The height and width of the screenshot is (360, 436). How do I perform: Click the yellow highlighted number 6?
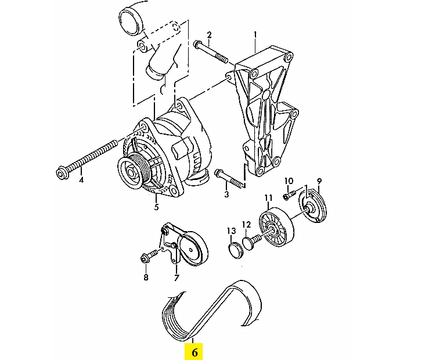194,352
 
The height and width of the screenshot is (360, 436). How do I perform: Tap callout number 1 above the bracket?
255,35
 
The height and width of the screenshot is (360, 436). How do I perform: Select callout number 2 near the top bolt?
209,35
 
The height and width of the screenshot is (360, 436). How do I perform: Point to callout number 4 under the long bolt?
81,180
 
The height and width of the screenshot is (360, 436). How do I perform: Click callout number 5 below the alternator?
156,207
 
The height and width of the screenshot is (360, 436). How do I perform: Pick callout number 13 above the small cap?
231,231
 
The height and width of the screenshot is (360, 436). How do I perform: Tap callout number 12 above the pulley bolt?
246,224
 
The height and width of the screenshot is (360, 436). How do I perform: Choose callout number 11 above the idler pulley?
268,198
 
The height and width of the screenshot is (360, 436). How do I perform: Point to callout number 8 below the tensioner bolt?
146,277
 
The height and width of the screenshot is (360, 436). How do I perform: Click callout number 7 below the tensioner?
176,278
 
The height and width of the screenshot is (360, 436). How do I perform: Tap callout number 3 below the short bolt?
226,194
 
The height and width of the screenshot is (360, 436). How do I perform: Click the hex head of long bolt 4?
62,174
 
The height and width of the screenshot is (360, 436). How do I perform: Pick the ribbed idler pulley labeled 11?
276,227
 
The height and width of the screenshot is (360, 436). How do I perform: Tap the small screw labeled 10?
289,195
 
